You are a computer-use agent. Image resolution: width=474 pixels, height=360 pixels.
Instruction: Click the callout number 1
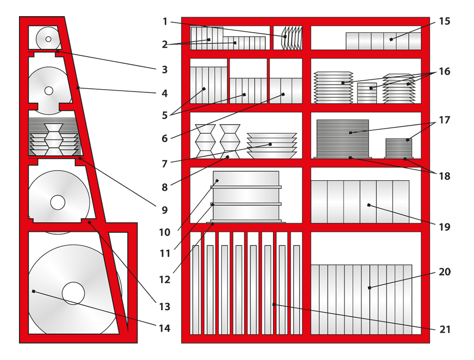point(165,22)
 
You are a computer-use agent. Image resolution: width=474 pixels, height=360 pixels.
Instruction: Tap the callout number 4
point(164,93)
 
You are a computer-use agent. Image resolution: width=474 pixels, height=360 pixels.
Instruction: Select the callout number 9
point(164,210)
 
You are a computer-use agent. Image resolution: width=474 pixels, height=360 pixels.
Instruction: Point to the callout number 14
point(164,328)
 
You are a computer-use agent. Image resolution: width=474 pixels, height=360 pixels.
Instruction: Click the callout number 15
point(445,21)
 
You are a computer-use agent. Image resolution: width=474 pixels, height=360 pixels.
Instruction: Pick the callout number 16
point(445,72)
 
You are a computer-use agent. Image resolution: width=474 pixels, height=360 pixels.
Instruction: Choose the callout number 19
point(445,227)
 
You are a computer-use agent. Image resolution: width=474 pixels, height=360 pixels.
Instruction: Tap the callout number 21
point(445,329)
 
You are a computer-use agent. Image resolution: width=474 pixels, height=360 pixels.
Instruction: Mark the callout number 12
point(164,280)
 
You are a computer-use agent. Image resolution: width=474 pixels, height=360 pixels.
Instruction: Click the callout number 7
point(164,164)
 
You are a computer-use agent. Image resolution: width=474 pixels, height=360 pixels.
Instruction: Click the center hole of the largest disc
point(73,294)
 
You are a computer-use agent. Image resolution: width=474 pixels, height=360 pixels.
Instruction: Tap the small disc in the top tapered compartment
point(48,39)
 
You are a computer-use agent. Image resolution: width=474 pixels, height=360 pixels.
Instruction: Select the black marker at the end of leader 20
point(369,288)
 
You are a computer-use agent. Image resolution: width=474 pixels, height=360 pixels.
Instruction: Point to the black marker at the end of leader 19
point(369,205)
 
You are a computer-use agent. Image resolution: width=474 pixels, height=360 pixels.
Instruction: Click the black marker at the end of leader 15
point(391,39)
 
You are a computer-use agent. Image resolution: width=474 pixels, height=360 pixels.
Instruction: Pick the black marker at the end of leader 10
point(217,181)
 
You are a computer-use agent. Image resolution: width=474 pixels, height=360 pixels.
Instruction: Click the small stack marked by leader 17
point(399,148)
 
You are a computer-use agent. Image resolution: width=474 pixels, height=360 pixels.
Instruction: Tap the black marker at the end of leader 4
point(78,88)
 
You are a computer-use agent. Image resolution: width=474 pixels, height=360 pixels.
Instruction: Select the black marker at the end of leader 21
point(274,305)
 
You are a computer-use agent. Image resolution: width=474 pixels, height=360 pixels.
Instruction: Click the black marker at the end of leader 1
point(285,37)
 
